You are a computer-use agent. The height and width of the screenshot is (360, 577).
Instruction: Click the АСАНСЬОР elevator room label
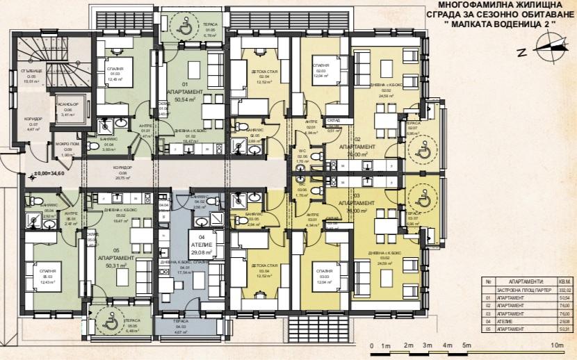point(68,109)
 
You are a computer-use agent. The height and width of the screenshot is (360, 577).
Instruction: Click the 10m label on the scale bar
point(555,345)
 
